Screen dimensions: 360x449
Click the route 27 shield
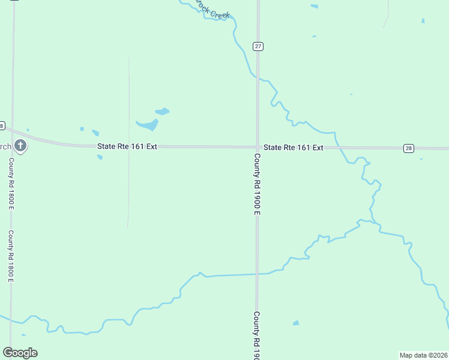pos(258,46)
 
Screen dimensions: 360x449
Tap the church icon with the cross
pos(20,146)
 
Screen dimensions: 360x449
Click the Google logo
pos(20,352)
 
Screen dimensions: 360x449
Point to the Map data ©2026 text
pos(424,355)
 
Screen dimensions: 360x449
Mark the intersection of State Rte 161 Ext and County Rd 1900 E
pos(258,147)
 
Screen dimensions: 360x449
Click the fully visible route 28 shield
pos(408,148)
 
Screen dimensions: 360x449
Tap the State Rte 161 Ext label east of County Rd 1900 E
pos(294,148)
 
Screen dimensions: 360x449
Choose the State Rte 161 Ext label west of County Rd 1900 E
pos(127,146)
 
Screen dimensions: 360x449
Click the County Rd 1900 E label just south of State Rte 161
pos(257,184)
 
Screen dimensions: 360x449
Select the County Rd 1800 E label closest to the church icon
pos(11,184)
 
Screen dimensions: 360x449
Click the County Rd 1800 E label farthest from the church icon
pos(11,256)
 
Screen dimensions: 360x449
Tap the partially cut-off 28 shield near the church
pos(2,126)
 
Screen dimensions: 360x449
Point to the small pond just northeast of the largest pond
pos(162,111)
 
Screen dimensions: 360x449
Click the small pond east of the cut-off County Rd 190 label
pos(296,323)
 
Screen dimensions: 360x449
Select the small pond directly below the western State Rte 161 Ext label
pos(100,157)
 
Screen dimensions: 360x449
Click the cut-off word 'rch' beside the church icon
pos(5,146)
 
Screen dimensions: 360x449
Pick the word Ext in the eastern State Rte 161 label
pos(318,148)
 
